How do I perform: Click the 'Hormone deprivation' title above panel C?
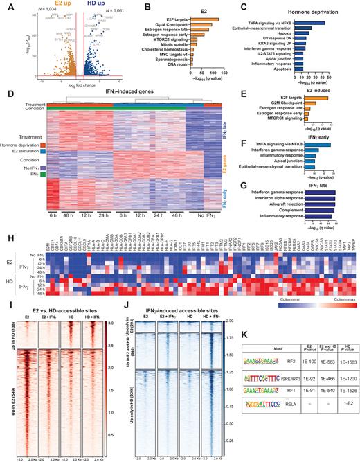click(300, 11)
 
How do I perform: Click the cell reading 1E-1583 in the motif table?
click(339, 363)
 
